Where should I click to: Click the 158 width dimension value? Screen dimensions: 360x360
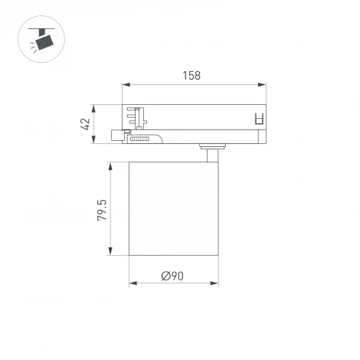point(191,75)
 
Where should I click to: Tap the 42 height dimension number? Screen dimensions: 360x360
point(86,123)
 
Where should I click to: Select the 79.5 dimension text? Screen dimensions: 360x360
point(101,209)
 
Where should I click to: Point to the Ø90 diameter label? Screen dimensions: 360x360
point(173,276)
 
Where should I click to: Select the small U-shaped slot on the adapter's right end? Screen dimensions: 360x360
point(258,119)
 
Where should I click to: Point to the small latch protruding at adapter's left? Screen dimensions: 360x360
point(117,136)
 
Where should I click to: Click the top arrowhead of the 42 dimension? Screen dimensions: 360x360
point(93,106)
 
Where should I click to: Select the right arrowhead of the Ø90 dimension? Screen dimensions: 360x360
point(215,283)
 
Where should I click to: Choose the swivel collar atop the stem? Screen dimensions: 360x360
point(211,146)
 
